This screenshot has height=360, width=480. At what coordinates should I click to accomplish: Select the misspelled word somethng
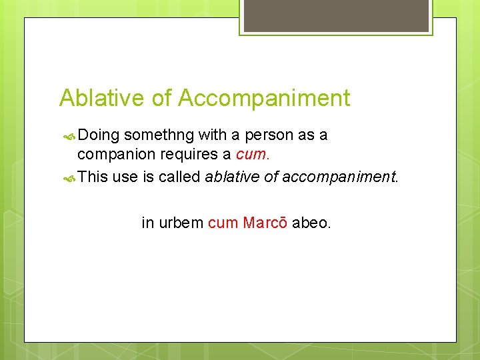pos(159,135)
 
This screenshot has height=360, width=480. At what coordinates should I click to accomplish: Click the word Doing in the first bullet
pos(99,135)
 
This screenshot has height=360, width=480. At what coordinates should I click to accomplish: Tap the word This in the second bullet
pos(93,177)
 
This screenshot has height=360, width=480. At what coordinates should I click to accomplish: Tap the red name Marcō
pos(265,223)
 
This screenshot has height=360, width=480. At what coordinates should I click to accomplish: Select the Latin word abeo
pos(311,223)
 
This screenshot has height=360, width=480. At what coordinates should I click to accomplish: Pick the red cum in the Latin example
pos(223,223)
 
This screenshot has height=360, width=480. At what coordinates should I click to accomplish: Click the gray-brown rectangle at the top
pos(336,15)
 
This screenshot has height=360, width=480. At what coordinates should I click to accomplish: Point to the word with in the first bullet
pos(212,135)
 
